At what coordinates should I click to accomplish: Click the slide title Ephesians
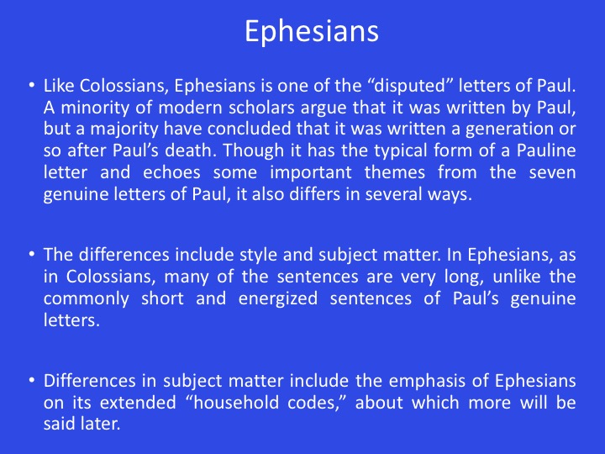click(x=312, y=31)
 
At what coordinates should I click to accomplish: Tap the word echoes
click(x=171, y=172)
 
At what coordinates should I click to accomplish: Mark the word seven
click(x=552, y=173)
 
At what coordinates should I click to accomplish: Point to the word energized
click(x=278, y=298)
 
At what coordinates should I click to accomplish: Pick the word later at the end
click(x=100, y=424)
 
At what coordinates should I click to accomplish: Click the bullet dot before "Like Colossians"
click(x=32, y=85)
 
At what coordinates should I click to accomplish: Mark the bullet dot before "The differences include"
click(x=32, y=255)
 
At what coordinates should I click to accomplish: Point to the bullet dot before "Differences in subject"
click(x=32, y=380)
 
